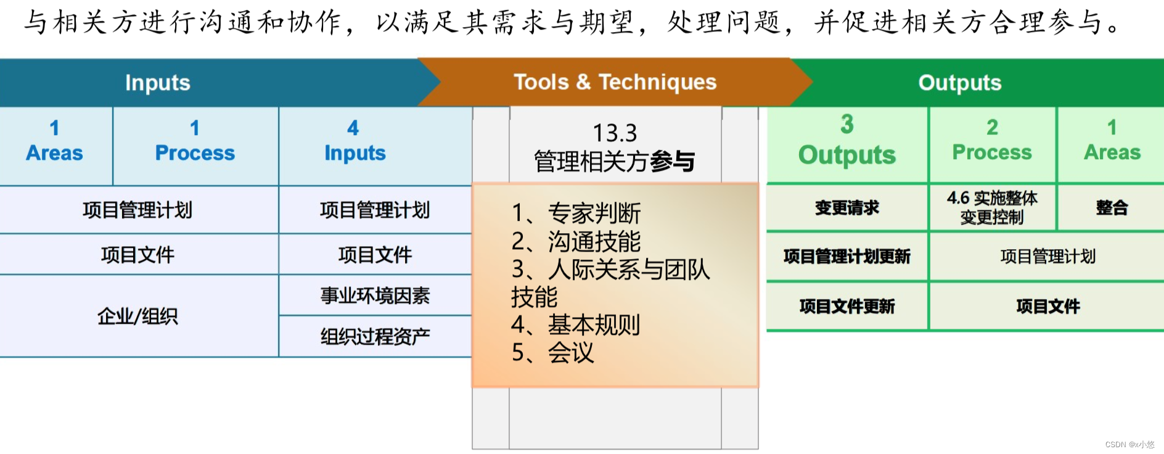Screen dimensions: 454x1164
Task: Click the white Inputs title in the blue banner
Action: [158, 83]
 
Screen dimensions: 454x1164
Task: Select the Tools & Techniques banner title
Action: [615, 82]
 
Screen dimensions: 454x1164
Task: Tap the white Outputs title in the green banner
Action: [959, 83]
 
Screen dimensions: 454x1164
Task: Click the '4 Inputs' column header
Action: [355, 141]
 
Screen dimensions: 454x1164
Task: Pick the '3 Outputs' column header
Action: [846, 141]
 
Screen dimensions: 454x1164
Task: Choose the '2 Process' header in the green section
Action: [991, 141]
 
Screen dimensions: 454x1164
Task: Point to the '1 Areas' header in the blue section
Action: [54, 141]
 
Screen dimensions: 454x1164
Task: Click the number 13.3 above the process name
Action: [615, 133]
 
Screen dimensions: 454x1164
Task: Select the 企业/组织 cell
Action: [137, 316]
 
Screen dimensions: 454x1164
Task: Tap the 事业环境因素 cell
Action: [375, 296]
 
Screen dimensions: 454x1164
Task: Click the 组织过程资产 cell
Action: [375, 337]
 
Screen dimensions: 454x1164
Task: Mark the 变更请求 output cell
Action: [846, 208]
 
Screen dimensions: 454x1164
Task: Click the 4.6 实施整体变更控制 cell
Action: [992, 208]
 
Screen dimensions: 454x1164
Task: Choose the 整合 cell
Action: [1112, 208]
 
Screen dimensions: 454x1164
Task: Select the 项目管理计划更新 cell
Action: [846, 257]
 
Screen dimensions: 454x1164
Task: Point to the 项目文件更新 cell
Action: [846, 307]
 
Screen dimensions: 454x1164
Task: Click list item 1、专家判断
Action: [576, 213]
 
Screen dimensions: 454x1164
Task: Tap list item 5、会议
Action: [553, 353]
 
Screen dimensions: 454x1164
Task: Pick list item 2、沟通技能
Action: [576, 242]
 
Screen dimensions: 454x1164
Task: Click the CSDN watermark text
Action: [1129, 445]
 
